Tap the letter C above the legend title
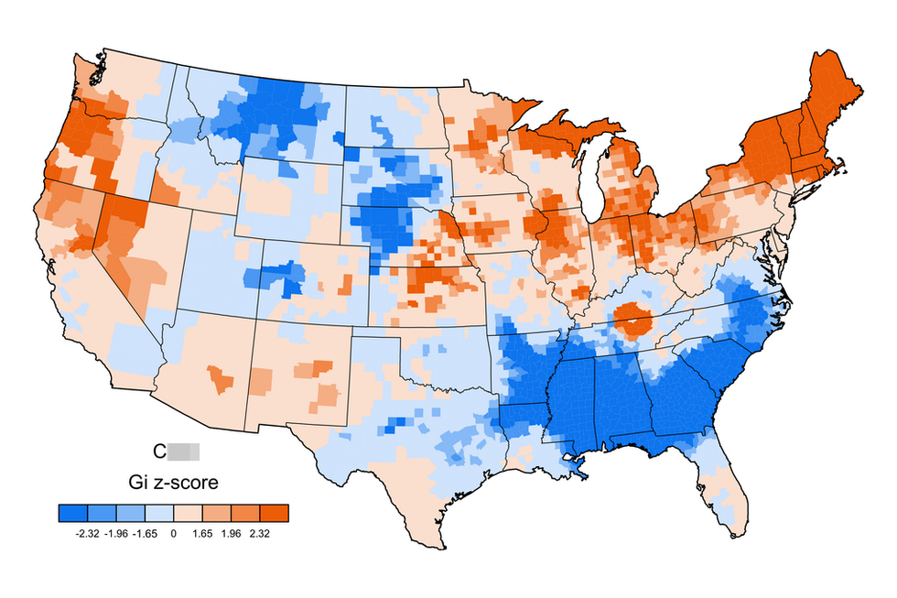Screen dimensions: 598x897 158,451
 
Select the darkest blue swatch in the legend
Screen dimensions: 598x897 72,513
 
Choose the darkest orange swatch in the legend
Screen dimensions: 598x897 275,513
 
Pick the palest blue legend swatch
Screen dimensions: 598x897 159,513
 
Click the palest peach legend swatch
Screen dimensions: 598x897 188,513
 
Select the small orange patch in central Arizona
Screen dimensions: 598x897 218,378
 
